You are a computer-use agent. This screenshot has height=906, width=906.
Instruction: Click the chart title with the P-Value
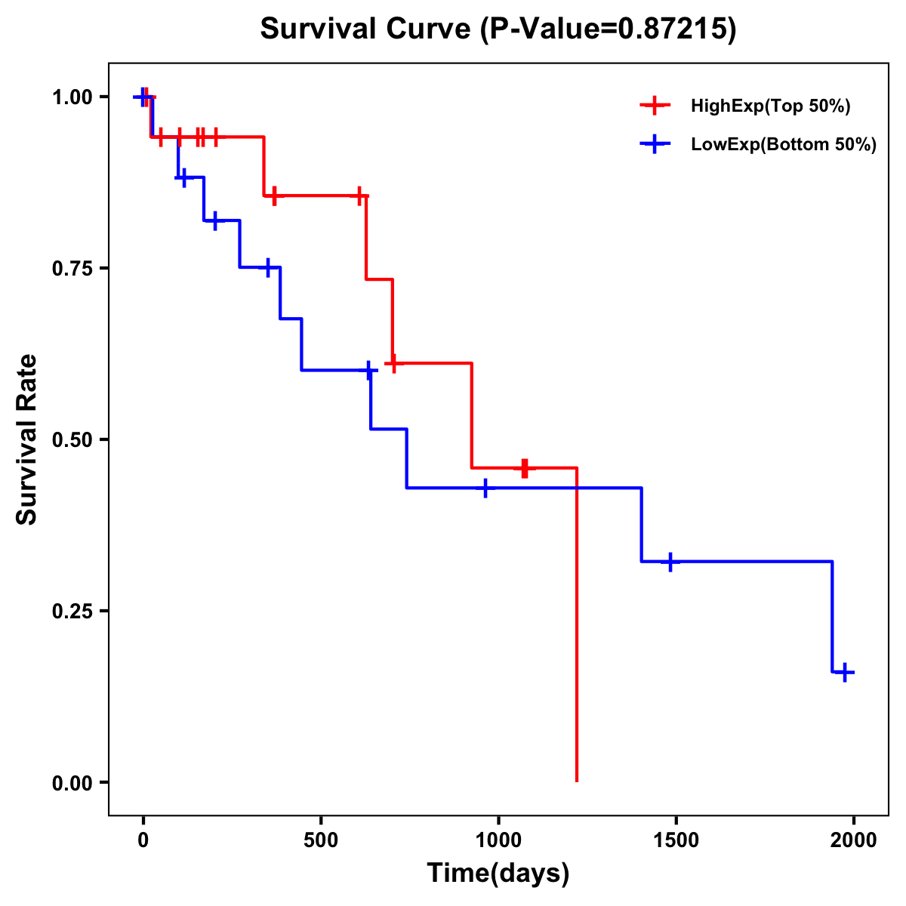tap(498, 29)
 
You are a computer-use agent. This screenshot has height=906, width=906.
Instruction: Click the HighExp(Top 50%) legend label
tap(771, 106)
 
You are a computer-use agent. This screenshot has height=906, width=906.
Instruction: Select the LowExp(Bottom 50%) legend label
tap(784, 145)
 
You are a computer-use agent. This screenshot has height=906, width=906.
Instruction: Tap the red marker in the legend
tap(655, 106)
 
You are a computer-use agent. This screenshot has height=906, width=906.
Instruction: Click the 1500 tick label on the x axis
tap(676, 840)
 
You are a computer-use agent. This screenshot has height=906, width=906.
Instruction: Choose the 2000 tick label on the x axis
tap(853, 840)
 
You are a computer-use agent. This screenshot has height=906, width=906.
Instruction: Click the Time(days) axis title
tap(498, 874)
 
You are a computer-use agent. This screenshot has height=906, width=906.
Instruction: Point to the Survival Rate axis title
tap(27, 439)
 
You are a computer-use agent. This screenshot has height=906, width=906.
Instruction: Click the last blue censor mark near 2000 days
tap(845, 672)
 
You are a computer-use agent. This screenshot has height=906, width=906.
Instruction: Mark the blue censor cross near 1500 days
tap(670, 562)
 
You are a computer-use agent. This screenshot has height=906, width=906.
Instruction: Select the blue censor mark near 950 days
tap(485, 488)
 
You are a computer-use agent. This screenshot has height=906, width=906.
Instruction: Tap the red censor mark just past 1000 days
tap(525, 468)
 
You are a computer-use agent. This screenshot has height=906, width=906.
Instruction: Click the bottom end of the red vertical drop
tap(577, 781)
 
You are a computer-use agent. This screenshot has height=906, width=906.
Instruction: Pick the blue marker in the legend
tap(655, 145)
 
